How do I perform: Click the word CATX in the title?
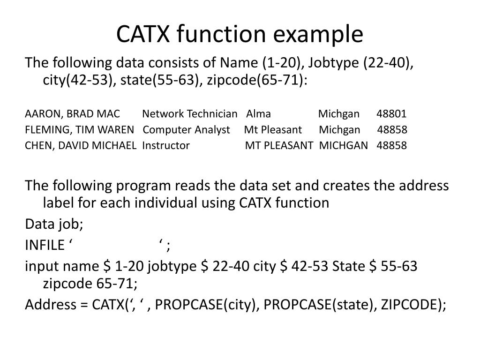coord(143,34)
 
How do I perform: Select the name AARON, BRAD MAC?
coord(72,114)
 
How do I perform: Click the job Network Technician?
coord(190,114)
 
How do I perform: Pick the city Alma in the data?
coord(259,114)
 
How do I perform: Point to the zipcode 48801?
coord(391,114)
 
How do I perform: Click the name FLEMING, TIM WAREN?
coord(80,130)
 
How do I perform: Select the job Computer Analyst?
coord(187,130)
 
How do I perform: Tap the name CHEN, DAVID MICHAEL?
coord(81,145)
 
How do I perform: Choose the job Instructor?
coord(166,145)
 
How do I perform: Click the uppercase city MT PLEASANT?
coord(279,145)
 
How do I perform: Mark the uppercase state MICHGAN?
coord(344,145)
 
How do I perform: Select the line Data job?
coord(54,225)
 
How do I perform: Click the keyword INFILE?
coord(45,245)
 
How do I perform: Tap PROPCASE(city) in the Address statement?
coord(205,305)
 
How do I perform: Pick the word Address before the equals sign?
coord(51,305)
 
